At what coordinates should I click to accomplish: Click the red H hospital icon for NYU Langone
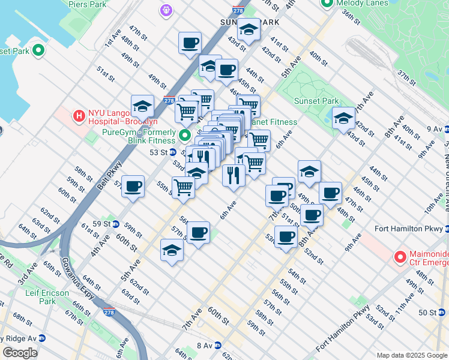(78, 116)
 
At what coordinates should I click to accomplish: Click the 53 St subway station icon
(172, 152)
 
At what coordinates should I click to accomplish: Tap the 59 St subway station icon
(115, 224)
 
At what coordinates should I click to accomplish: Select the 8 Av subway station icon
(218, 346)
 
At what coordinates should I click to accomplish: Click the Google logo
(19, 353)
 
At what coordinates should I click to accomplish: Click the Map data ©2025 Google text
(411, 355)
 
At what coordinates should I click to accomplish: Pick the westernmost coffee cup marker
(133, 185)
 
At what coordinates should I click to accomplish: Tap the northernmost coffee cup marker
(190, 43)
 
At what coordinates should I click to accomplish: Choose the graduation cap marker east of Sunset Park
(344, 118)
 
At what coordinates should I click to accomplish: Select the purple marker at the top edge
(166, 10)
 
